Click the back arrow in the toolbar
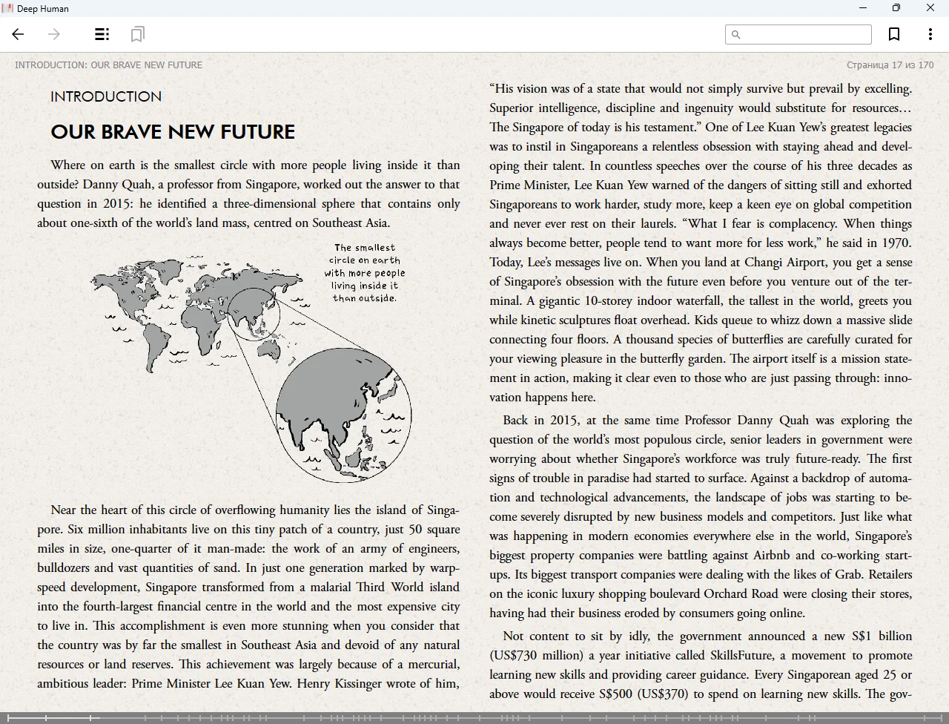(19, 34)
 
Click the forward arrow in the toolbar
(54, 34)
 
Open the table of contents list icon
(102, 34)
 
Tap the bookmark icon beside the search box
(894, 34)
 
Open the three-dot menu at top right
(930, 34)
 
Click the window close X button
(930, 8)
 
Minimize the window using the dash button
(863, 8)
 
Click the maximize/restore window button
(896, 8)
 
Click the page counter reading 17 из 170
(890, 65)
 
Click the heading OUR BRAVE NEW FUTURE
(173, 132)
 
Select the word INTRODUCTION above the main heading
(106, 96)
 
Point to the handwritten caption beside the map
(365, 273)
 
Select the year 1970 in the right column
(896, 243)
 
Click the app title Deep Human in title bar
(43, 8)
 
